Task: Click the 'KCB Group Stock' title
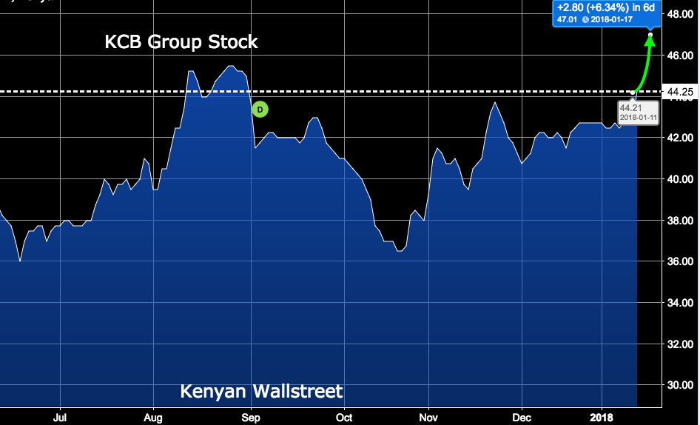tap(181, 42)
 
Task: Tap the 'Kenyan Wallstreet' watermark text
tap(262, 390)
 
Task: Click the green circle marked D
tap(260, 110)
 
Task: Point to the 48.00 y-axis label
tap(680, 14)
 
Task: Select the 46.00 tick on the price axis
tap(680, 56)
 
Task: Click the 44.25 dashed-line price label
tap(680, 92)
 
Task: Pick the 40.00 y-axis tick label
tap(680, 179)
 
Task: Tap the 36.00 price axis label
tap(680, 261)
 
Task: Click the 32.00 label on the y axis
tap(680, 344)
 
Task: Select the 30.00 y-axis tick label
tap(680, 386)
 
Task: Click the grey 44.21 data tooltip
tap(638, 112)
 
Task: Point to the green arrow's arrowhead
tap(650, 40)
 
